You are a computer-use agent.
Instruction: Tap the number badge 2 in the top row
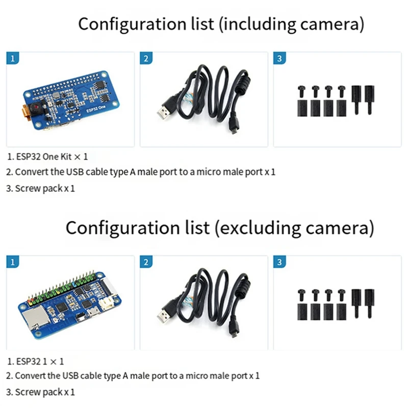click(x=146, y=58)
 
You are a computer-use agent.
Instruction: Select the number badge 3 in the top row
click(x=279, y=58)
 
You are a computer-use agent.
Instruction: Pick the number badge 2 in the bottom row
click(x=146, y=262)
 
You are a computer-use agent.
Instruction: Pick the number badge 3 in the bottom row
click(x=279, y=262)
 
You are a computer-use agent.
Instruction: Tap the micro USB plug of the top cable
click(x=233, y=126)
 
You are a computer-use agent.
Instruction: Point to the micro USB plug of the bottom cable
click(x=233, y=330)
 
